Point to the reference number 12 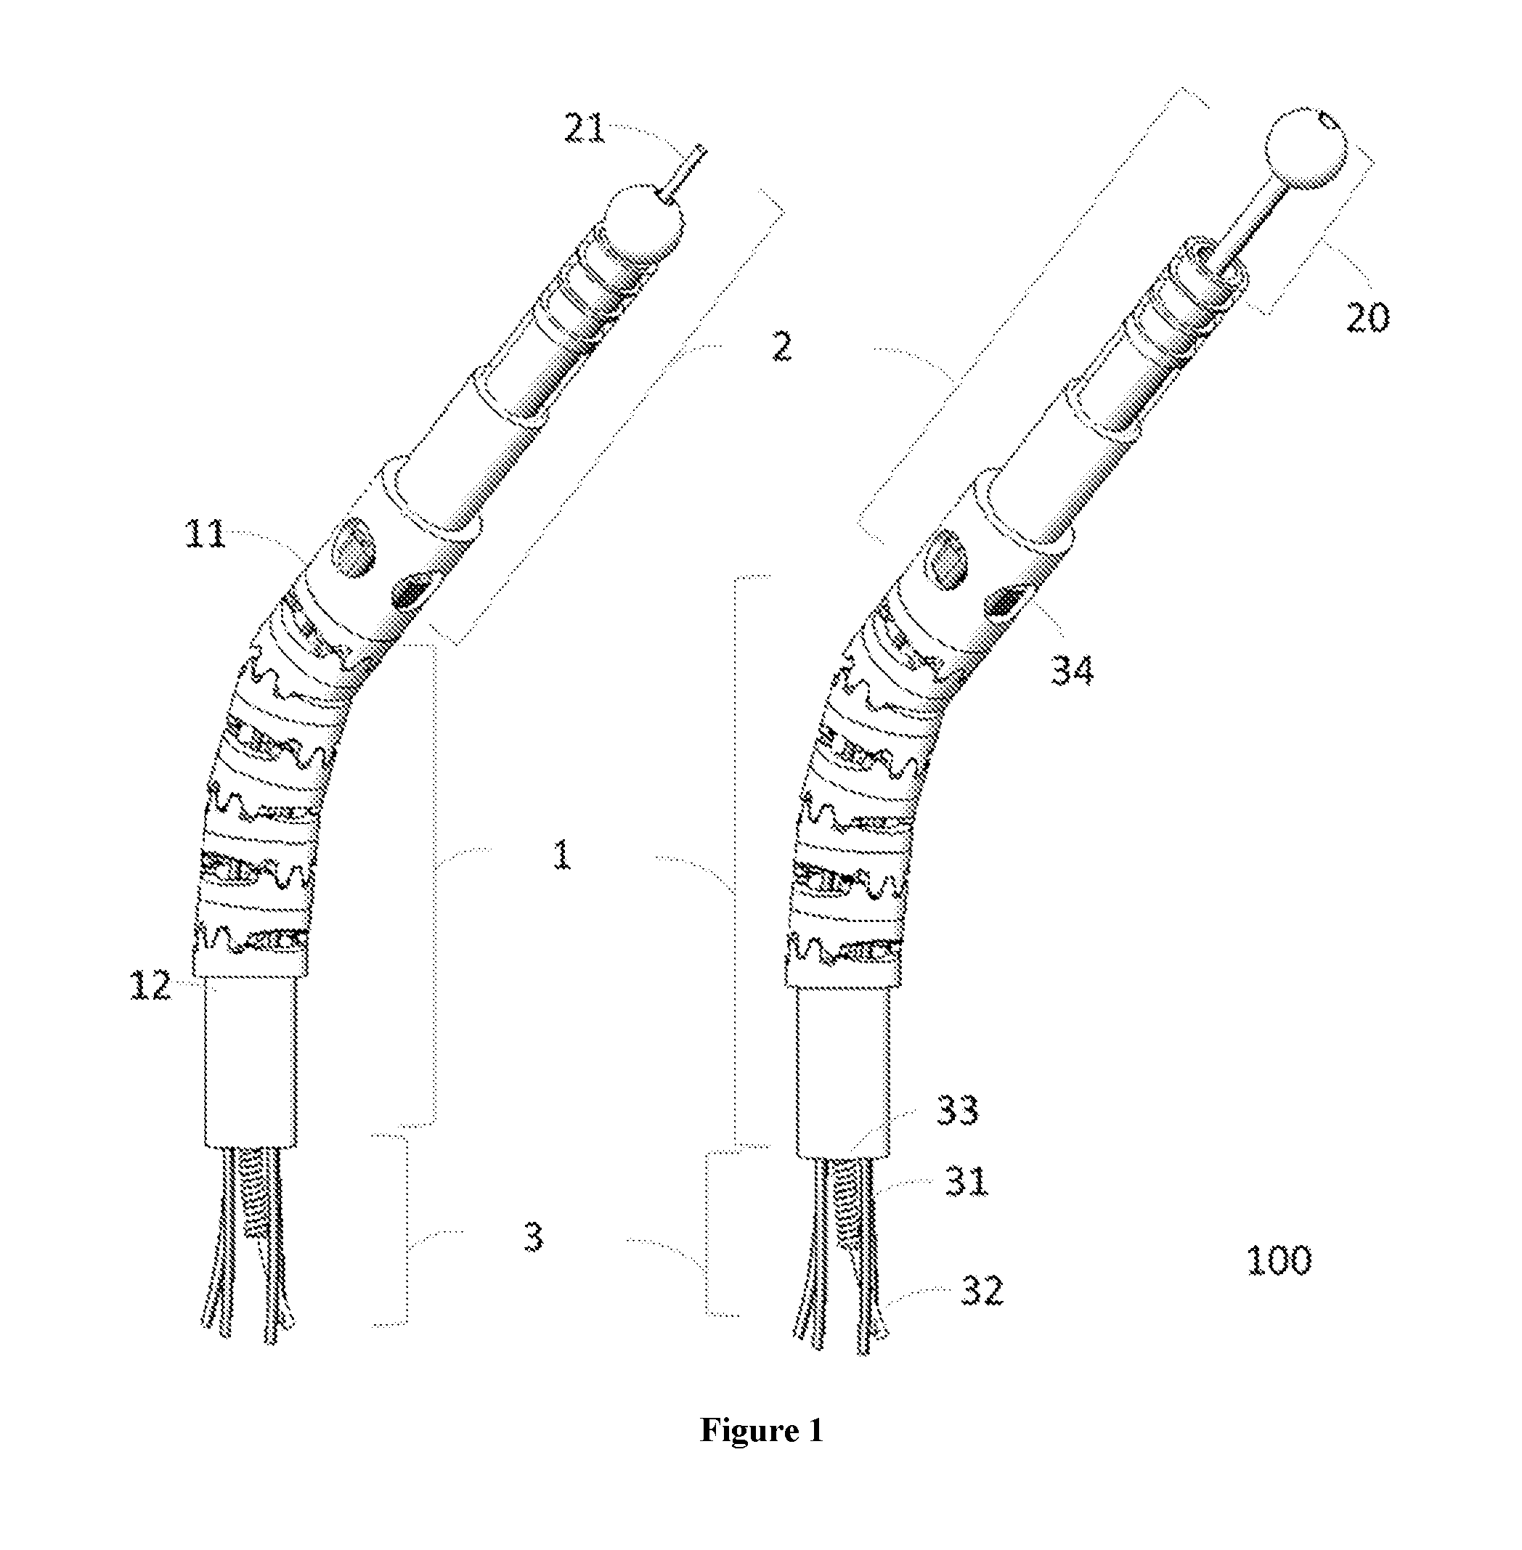point(150,986)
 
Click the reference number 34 point(1072,669)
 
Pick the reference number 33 point(958,1109)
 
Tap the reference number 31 point(966,1180)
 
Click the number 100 point(1279,1260)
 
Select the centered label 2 point(782,347)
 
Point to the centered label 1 point(563,854)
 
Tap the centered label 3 point(533,1236)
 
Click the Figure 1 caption point(761,1430)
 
